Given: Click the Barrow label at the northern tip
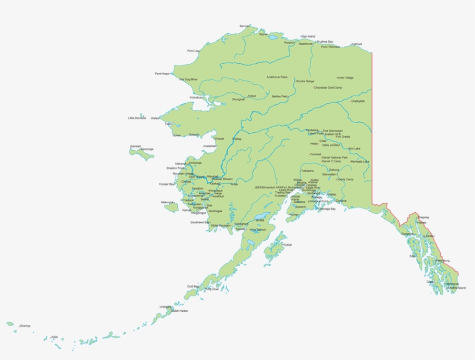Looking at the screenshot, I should (x=245, y=26).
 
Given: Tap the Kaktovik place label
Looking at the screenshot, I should (x=357, y=44).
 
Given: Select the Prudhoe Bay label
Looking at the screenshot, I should (x=325, y=42).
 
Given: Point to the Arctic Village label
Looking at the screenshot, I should (x=345, y=78).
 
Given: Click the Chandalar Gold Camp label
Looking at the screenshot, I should (x=328, y=88).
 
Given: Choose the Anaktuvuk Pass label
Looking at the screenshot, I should (x=277, y=77).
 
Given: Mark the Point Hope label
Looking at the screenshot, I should (x=162, y=74).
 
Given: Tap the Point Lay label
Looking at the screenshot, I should (x=193, y=51).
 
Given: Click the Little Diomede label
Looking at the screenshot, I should (x=137, y=118).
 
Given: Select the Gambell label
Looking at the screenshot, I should (x=136, y=146).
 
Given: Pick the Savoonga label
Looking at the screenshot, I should (x=147, y=149).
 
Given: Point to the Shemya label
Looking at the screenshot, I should (x=25, y=326).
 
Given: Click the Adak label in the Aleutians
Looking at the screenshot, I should (x=54, y=336).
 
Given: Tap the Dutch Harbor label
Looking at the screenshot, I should (x=180, y=311).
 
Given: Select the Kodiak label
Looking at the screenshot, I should (x=287, y=245).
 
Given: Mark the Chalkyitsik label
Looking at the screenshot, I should (x=358, y=101).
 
